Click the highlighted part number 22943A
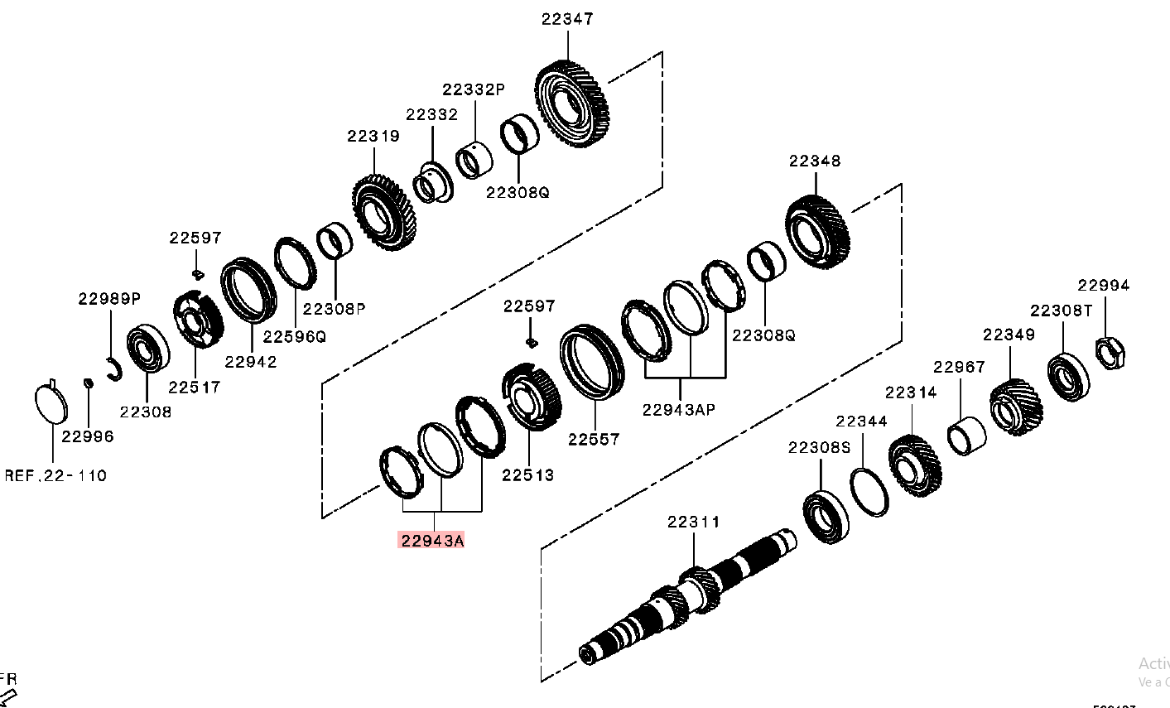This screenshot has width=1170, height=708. [431, 541]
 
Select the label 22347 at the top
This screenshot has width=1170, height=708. [567, 19]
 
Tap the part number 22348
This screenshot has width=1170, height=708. [815, 161]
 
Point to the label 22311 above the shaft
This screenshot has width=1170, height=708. [694, 522]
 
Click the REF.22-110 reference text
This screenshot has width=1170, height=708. [55, 476]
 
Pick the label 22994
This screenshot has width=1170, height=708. [1103, 286]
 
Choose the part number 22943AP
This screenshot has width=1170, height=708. [679, 409]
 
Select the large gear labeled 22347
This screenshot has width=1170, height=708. [571, 105]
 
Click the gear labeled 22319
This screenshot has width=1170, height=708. [383, 214]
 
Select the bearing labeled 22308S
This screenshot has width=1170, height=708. [826, 518]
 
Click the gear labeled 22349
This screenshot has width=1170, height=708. [1015, 407]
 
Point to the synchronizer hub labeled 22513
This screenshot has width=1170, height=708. [532, 397]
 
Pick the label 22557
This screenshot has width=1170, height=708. [594, 440]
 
